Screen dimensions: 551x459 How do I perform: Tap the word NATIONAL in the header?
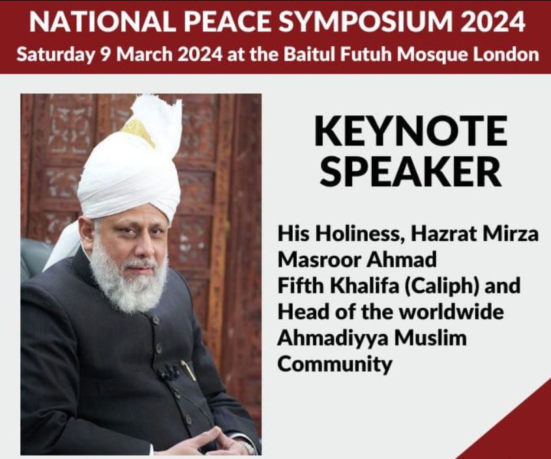[x=102, y=21]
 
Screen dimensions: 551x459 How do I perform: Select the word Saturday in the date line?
[x=55, y=55]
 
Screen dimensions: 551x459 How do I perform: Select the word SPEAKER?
[x=411, y=171]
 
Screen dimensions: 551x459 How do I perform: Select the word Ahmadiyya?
[x=333, y=338]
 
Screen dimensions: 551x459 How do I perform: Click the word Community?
[x=335, y=364]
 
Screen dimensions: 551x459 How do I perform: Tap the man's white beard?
[x=128, y=281]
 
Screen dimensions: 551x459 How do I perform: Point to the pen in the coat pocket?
[x=189, y=370]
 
